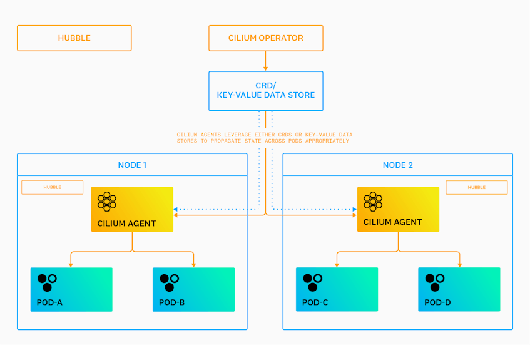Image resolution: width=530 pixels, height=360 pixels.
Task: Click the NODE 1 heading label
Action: [132, 165]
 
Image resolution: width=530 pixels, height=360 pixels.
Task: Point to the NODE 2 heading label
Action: [398, 165]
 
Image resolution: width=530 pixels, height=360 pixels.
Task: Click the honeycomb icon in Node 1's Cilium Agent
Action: [107, 202]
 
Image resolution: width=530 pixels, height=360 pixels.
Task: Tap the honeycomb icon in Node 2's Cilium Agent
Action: [373, 202]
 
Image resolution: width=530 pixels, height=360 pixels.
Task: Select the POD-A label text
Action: [49, 302]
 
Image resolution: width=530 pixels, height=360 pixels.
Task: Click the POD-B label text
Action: [171, 302]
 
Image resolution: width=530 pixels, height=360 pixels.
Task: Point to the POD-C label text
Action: [315, 302]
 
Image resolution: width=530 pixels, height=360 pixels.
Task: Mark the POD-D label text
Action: [438, 302]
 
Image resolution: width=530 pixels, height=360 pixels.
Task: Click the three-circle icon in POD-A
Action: [47, 283]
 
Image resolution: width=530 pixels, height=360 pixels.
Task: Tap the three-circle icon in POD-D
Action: [435, 283]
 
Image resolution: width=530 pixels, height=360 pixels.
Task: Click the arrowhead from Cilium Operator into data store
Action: [266, 69]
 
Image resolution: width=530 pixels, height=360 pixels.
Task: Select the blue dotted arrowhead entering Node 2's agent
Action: [355, 210]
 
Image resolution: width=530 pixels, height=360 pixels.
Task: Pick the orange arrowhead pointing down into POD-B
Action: [194, 265]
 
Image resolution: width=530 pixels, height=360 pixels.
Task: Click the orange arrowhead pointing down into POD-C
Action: [337, 265]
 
